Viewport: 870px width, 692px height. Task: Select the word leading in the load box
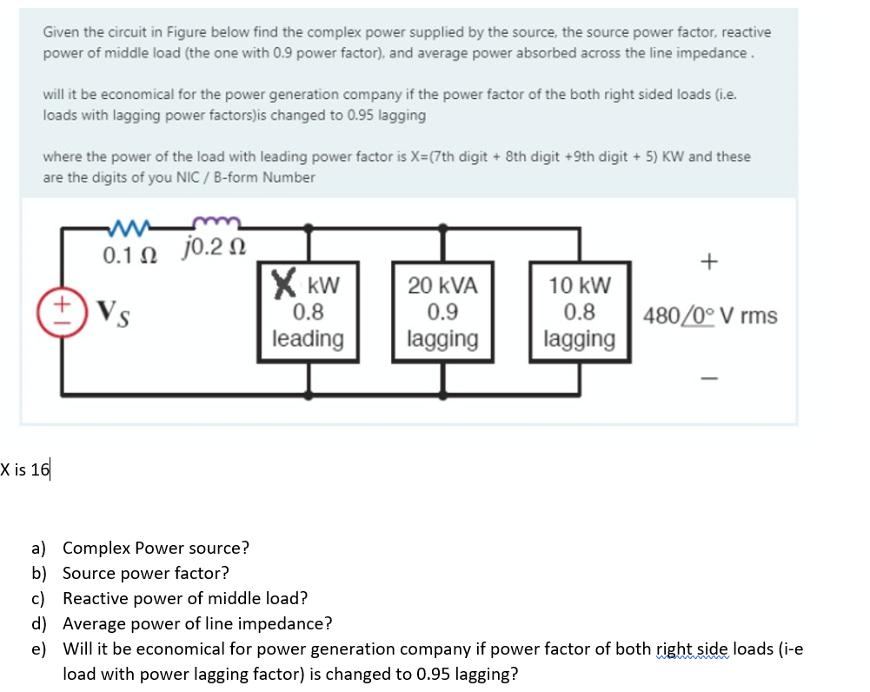coord(308,338)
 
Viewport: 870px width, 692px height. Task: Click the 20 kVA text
coord(442,285)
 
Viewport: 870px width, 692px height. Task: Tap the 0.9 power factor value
coord(442,311)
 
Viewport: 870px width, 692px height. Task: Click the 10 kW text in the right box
coord(580,285)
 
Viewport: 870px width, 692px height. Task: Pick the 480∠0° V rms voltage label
coord(710,315)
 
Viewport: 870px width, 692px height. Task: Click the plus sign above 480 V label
coord(710,261)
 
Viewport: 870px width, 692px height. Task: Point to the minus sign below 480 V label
coord(710,377)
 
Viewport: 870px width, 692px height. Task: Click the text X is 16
coord(26,470)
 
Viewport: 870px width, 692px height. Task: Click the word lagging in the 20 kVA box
coord(442,338)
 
